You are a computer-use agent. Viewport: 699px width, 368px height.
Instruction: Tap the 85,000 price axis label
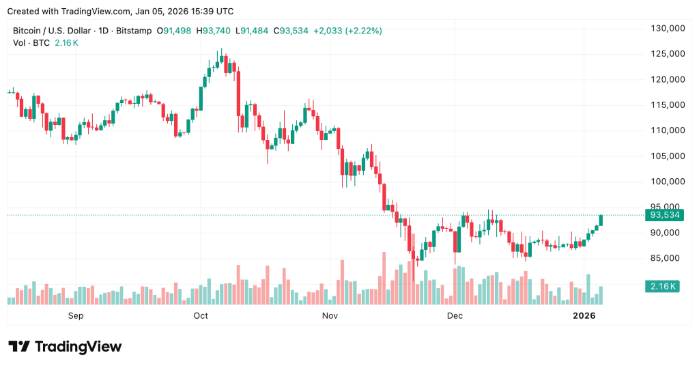(x=668, y=258)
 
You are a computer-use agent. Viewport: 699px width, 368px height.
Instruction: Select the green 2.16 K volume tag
(x=661, y=287)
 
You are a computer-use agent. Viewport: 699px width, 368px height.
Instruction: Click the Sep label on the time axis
(x=75, y=315)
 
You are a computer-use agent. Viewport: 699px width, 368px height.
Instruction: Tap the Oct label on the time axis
(x=201, y=315)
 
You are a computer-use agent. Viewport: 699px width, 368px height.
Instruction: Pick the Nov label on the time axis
(x=330, y=315)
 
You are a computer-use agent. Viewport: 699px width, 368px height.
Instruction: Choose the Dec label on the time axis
(x=455, y=315)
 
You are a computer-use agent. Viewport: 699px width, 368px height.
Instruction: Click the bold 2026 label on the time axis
(x=584, y=315)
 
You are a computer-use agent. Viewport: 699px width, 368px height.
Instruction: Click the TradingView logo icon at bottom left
(x=19, y=347)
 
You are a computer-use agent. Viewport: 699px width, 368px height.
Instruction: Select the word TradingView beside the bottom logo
(x=78, y=347)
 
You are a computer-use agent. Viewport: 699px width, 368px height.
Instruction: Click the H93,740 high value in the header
(x=214, y=31)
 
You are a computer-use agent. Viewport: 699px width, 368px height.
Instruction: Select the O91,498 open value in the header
(x=175, y=31)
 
